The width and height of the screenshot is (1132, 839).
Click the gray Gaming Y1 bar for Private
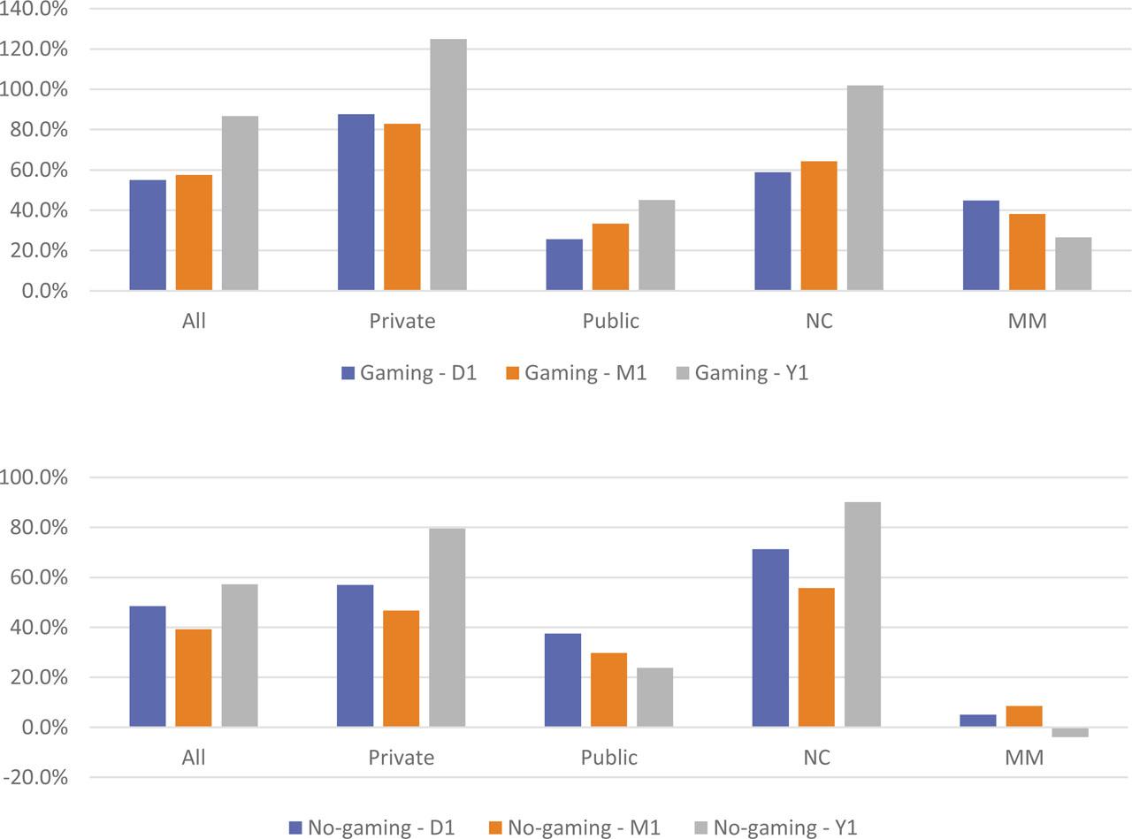[448, 164]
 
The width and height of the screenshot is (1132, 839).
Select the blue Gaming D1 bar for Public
[564, 264]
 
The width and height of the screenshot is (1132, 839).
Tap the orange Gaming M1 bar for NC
[819, 225]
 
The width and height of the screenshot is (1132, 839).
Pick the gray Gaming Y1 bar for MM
[1073, 263]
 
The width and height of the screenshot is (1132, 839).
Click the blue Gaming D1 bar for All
[148, 235]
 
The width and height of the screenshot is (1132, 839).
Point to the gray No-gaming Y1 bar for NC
[862, 614]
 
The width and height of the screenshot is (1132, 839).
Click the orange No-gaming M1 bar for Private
[402, 668]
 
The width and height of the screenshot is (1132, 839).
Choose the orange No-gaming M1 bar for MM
[1023, 716]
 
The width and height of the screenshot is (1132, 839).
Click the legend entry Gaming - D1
[409, 373]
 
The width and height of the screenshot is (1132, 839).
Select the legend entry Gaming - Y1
[742, 373]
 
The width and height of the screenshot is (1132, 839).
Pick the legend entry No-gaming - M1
[574, 828]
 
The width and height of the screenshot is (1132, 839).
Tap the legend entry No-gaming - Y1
[776, 828]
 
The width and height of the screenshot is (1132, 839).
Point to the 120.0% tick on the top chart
[35, 50]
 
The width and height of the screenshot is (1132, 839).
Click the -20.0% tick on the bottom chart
[35, 778]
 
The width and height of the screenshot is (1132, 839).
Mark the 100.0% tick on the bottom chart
[35, 477]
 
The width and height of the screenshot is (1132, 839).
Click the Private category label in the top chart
[402, 321]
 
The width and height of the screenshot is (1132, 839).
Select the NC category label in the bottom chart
[817, 758]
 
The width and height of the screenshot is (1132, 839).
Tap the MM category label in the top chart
[1027, 321]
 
